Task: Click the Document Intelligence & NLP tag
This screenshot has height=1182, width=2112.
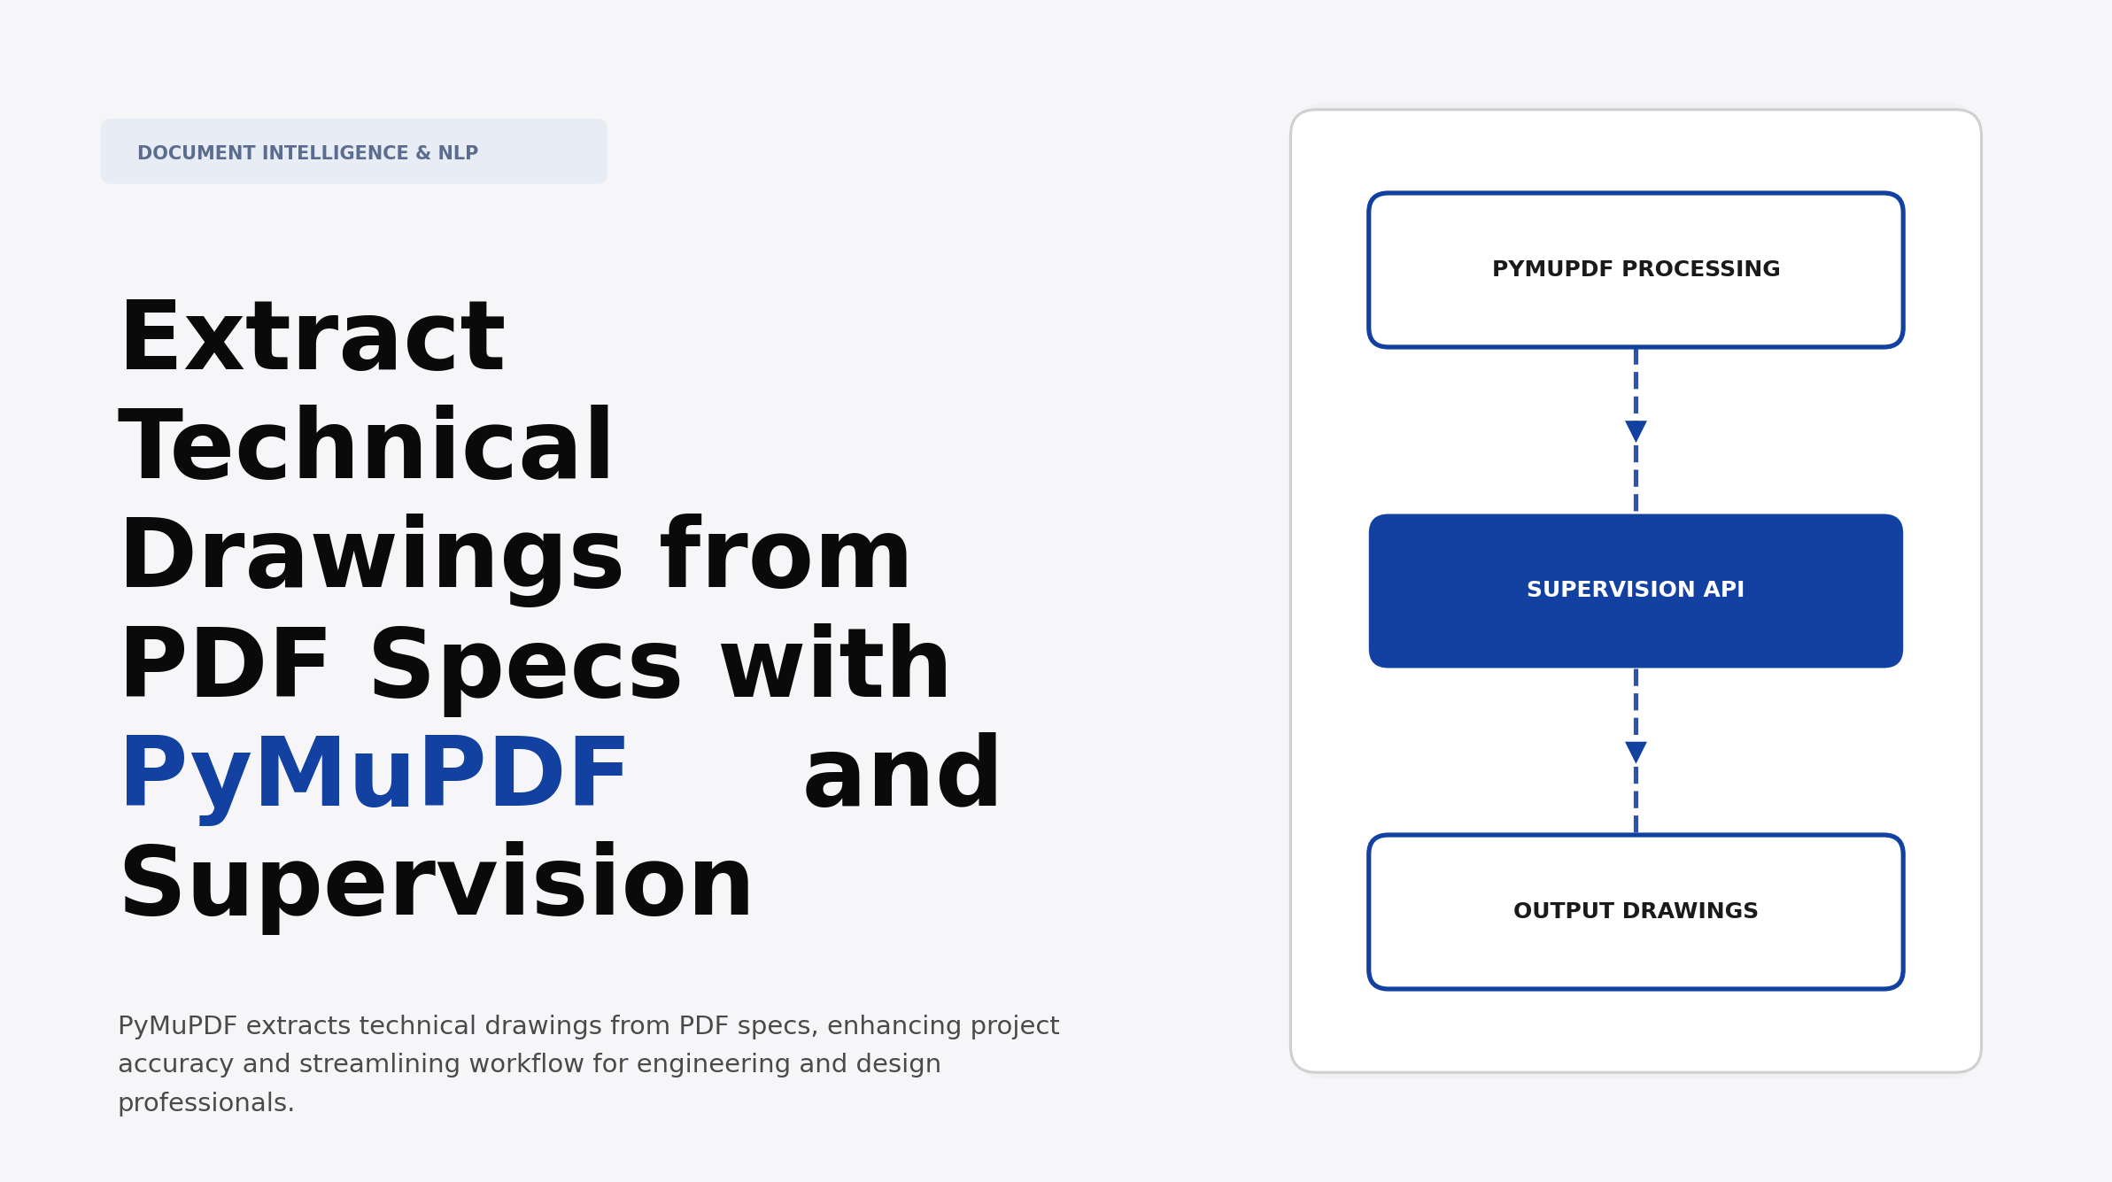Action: pyautogui.click(x=352, y=152)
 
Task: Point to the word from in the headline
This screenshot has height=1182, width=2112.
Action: pyautogui.click(x=785, y=556)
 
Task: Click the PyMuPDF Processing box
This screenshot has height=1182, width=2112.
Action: pyautogui.click(x=1635, y=269)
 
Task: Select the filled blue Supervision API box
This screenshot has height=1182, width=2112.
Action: pyautogui.click(x=1635, y=591)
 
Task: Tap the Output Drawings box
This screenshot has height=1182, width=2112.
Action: pyautogui.click(x=1635, y=911)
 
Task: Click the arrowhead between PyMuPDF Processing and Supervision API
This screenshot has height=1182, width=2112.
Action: pyautogui.click(x=1636, y=431)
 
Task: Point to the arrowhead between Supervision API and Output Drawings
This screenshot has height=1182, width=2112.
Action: pyautogui.click(x=1636, y=752)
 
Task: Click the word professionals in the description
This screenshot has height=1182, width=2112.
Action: pyautogui.click(x=205, y=1103)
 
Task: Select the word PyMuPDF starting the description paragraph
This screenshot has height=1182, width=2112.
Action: pyautogui.click(x=177, y=1026)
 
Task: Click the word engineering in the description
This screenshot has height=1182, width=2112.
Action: pyautogui.click(x=714, y=1064)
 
